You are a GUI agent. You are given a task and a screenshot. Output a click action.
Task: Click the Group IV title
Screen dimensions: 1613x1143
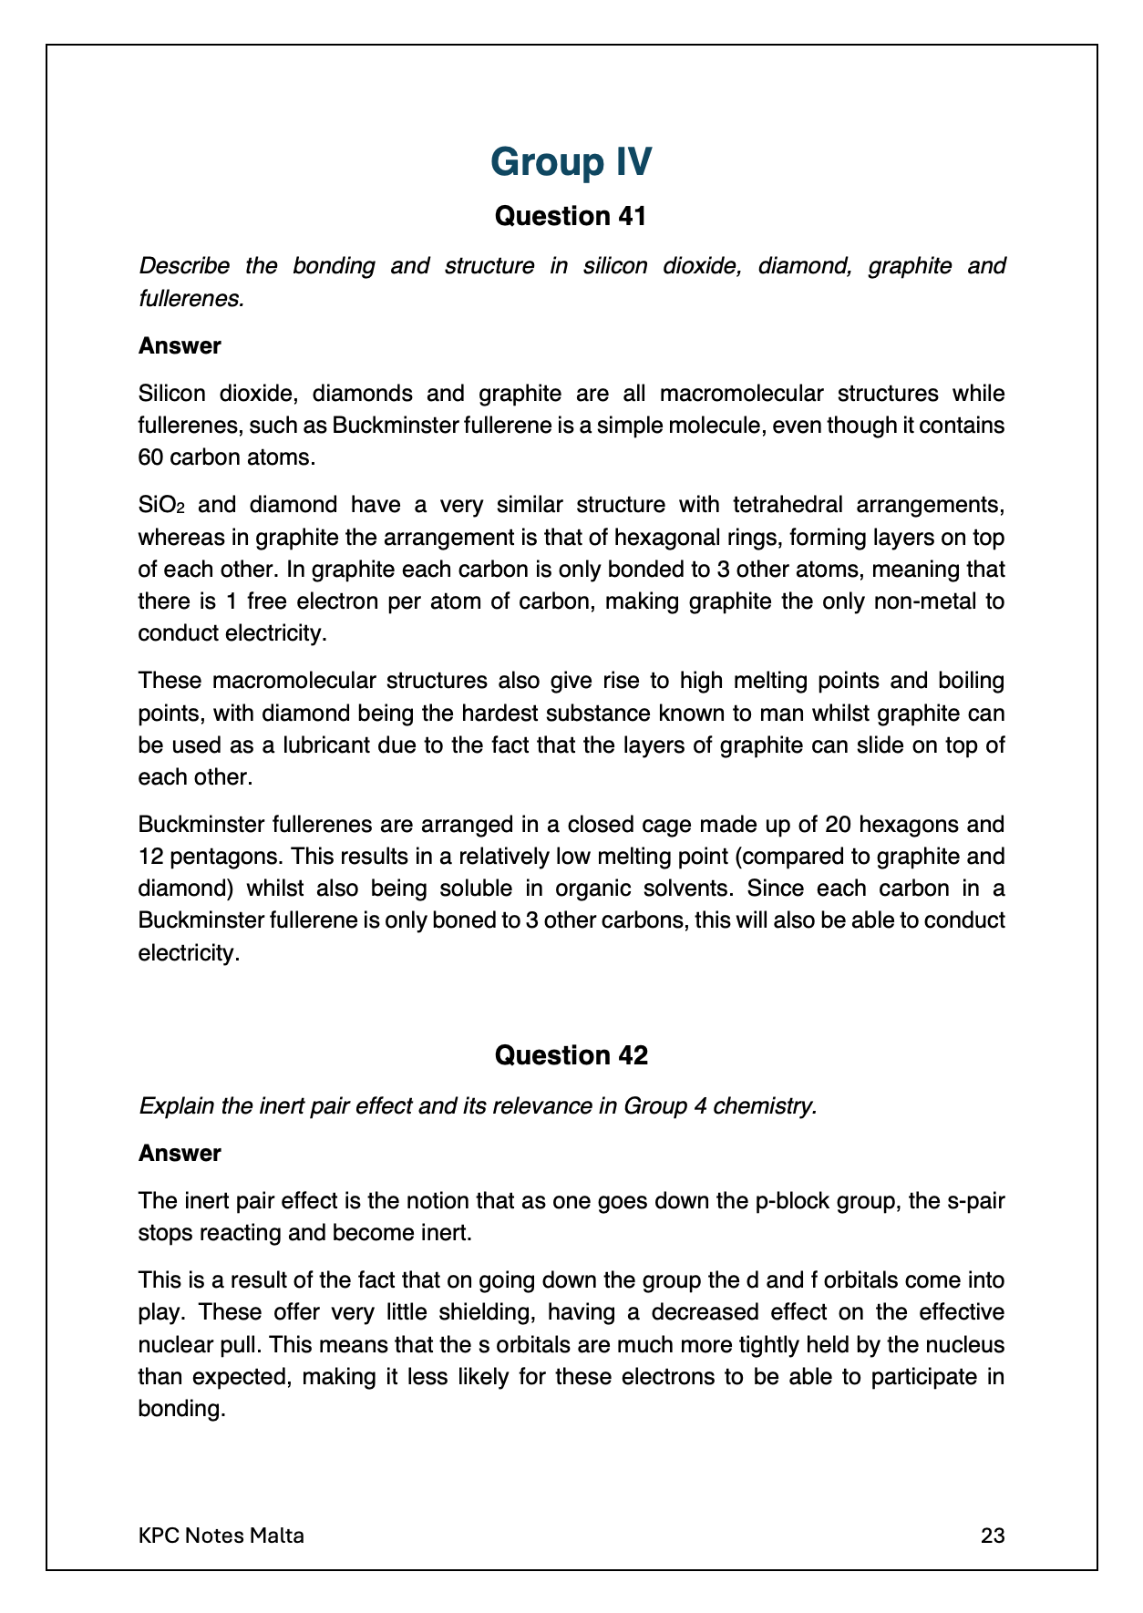[x=571, y=162]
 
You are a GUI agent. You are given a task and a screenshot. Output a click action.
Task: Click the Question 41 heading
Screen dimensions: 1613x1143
[x=571, y=217]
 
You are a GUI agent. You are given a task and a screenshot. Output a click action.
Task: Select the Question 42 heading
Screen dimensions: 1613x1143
[x=571, y=1055]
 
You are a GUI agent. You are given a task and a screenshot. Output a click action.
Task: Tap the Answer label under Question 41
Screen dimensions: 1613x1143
[x=180, y=346]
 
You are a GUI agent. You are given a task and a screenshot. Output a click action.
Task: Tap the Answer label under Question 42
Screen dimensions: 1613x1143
[x=180, y=1154]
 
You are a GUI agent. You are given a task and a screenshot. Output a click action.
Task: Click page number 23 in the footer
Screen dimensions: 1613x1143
[x=993, y=1536]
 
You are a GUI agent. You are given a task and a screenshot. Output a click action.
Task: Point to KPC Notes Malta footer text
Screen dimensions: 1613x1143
[x=221, y=1536]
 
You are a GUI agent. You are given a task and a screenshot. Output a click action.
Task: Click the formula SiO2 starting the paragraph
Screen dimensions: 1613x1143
[x=161, y=505]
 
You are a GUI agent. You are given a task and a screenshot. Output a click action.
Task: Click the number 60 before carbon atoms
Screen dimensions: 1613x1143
[x=150, y=457]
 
